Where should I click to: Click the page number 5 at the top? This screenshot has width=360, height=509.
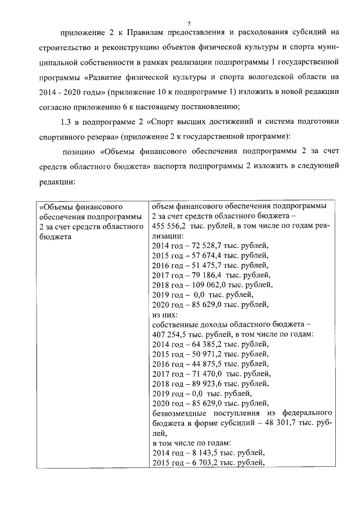[x=189, y=22]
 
